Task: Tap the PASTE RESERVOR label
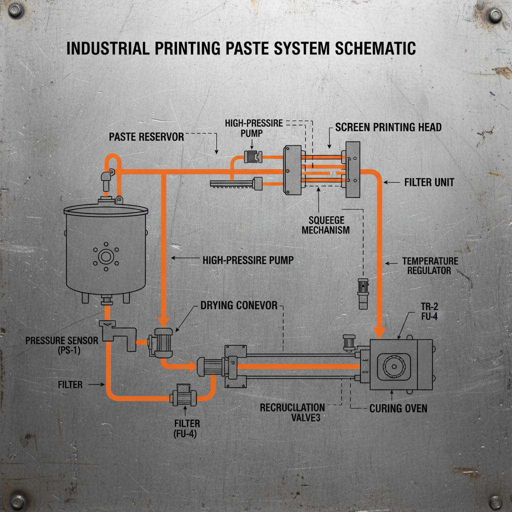tap(147, 136)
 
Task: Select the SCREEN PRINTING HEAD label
tap(388, 127)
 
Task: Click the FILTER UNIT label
tap(429, 182)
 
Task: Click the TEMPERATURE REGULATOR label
tap(429, 265)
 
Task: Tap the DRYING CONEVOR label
tap(238, 305)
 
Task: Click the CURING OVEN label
tap(398, 408)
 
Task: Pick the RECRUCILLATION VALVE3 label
tap(292, 412)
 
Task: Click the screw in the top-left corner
tap(15, 11)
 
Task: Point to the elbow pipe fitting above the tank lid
tap(106, 175)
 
